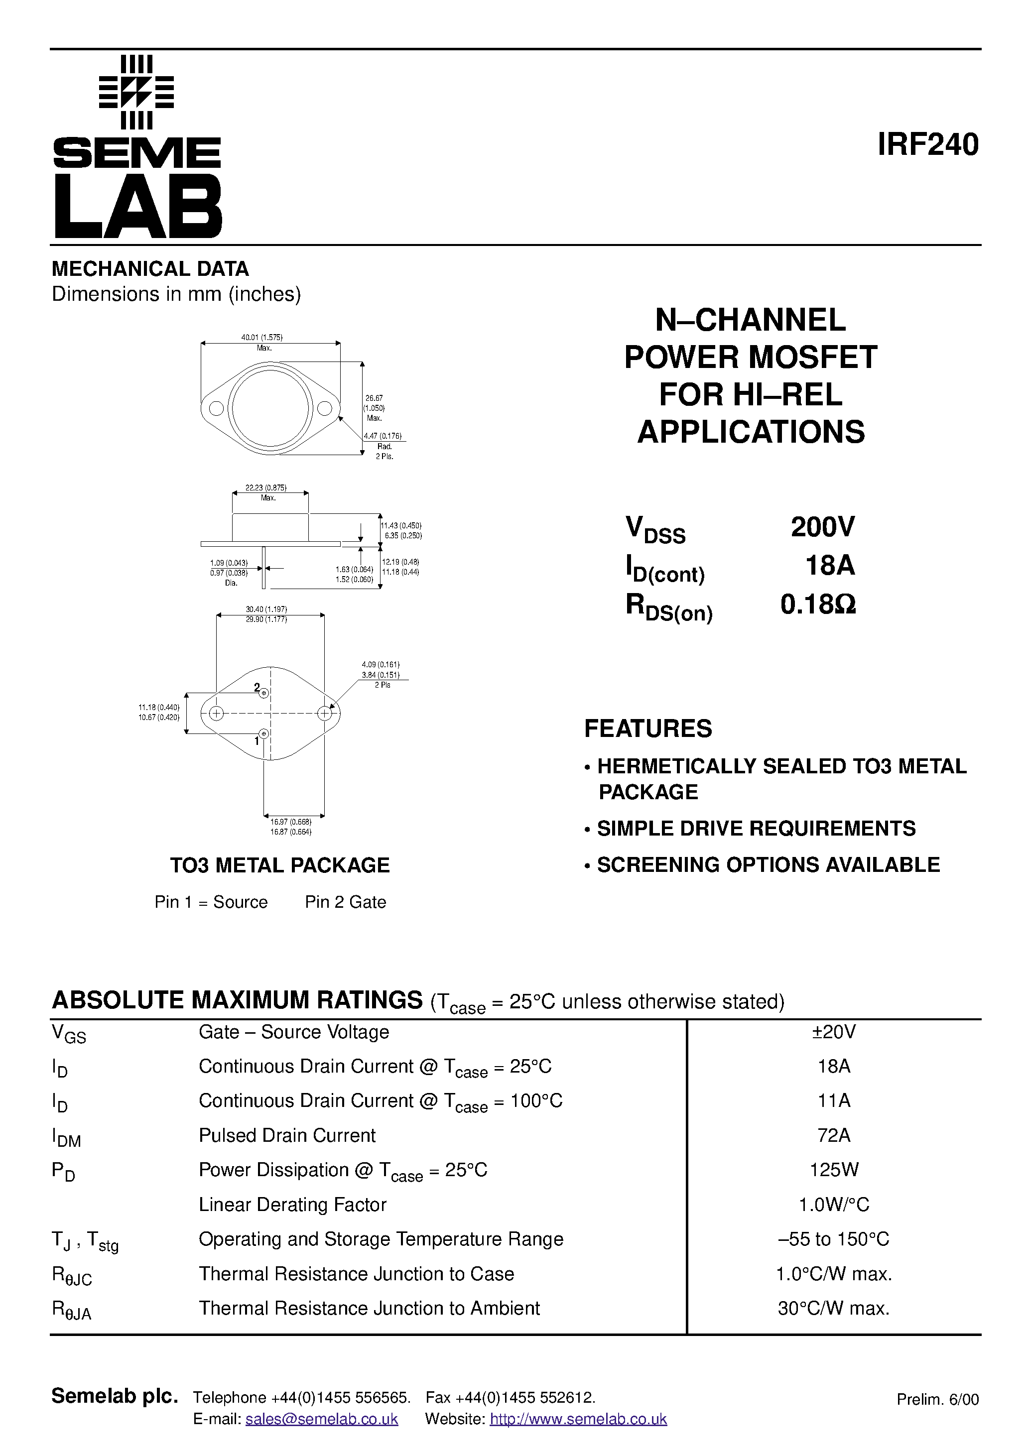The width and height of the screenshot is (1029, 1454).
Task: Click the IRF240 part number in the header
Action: click(x=927, y=145)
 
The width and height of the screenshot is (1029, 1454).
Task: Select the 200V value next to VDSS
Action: click(x=822, y=527)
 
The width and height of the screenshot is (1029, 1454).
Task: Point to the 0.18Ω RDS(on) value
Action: click(x=818, y=604)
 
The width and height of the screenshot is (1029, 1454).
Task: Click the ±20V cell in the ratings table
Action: click(x=834, y=1032)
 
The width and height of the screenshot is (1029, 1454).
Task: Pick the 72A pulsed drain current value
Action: click(x=834, y=1135)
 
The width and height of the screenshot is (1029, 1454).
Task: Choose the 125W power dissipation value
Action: click(x=834, y=1170)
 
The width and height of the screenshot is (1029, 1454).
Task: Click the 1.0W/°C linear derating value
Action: click(x=834, y=1205)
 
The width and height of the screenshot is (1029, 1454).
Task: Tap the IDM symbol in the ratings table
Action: click(x=66, y=1138)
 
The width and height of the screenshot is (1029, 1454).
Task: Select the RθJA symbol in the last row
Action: click(x=71, y=1310)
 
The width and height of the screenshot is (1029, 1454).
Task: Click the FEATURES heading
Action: click(x=647, y=729)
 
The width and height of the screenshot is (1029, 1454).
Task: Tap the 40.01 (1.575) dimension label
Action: click(x=261, y=338)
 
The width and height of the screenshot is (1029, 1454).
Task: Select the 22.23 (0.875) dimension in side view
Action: click(x=266, y=487)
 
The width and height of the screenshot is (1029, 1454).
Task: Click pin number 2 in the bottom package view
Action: click(x=257, y=687)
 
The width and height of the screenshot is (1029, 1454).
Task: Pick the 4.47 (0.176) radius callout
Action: click(x=383, y=436)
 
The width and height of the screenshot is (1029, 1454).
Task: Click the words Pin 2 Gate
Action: click(x=345, y=902)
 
